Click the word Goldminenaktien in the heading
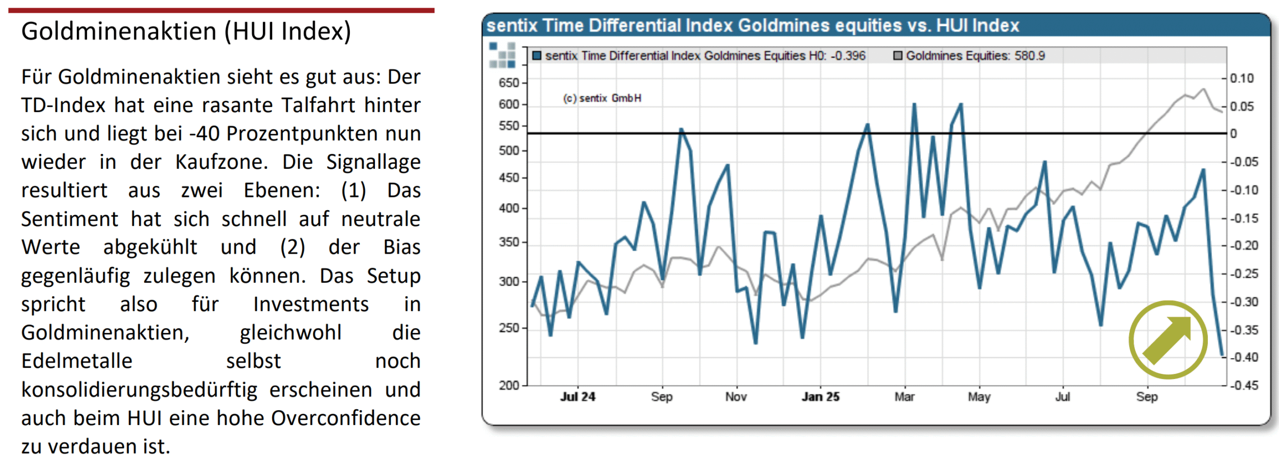tap(119, 32)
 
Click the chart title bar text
tap(752, 26)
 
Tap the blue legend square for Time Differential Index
tap(537, 56)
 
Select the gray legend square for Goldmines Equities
tap(897, 56)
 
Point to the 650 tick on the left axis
tap(509, 83)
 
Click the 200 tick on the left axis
tap(509, 385)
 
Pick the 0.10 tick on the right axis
tap(1242, 78)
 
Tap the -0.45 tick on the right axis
tap(1244, 385)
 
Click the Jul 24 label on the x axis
tap(578, 397)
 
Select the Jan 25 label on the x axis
tap(820, 397)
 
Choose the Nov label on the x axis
tap(736, 397)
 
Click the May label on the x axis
tap(979, 397)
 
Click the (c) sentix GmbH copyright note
tap(602, 98)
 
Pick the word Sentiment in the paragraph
tap(70, 219)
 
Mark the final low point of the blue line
tap(1222, 355)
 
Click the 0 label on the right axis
tap(1233, 134)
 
